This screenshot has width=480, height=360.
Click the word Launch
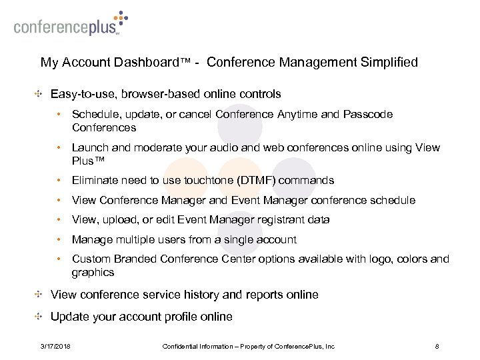(90, 148)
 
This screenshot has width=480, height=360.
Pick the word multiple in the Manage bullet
(134, 239)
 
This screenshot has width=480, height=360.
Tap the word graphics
(93, 272)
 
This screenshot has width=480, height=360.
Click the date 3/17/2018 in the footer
(57, 345)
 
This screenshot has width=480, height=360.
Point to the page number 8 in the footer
(436, 345)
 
